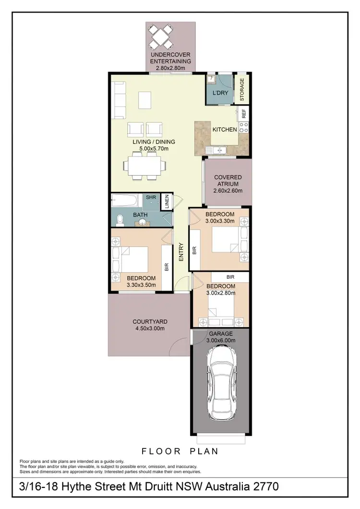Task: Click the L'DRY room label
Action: click(x=219, y=93)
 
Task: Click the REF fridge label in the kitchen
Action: click(x=244, y=114)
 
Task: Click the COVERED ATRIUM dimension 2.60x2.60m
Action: click(x=228, y=191)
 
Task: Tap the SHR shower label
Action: click(x=151, y=198)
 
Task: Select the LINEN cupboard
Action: click(x=165, y=201)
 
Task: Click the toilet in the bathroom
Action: click(x=120, y=220)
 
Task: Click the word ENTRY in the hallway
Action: click(x=181, y=252)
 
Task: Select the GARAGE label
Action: click(x=220, y=333)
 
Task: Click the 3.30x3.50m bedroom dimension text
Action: click(x=141, y=285)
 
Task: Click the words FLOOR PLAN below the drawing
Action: click(x=180, y=451)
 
